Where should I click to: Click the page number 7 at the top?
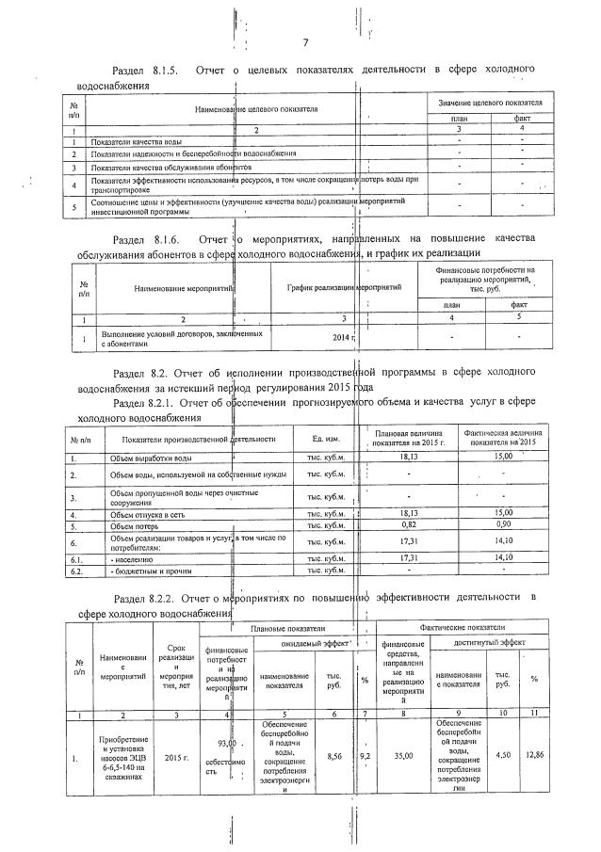(x=306, y=42)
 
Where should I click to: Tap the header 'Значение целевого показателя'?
(x=489, y=101)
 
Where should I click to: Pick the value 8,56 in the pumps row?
(x=333, y=756)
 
